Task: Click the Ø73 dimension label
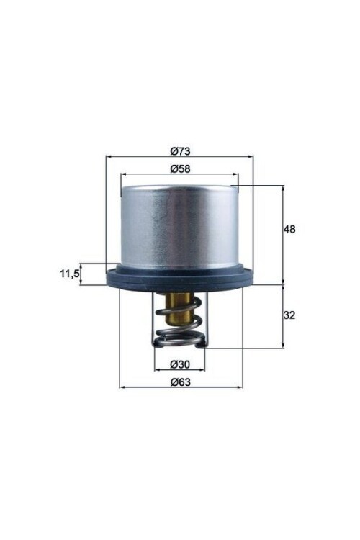point(180,150)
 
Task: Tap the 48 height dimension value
point(290,230)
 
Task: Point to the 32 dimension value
point(290,315)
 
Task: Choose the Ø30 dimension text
point(179,364)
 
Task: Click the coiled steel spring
point(180,335)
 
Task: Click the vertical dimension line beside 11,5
point(81,274)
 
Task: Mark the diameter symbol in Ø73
point(174,150)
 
